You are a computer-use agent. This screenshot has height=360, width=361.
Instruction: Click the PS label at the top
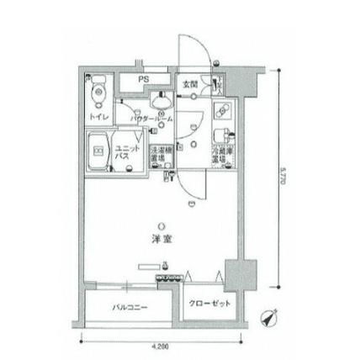tap(144, 77)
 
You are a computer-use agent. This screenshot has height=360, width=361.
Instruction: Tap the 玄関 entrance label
tap(190, 84)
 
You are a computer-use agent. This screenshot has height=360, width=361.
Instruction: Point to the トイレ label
tap(99, 118)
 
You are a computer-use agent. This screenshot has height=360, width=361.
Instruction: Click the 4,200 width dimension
tap(161, 346)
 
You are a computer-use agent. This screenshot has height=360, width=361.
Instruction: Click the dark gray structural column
tap(236, 273)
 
